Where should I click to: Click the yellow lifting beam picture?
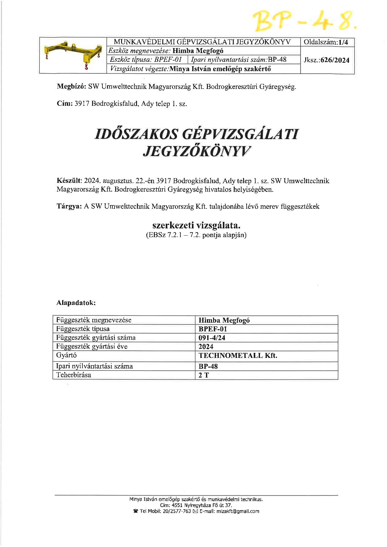[x=73, y=56]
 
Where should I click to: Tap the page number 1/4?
[x=343, y=42]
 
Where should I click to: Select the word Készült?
[x=69, y=181]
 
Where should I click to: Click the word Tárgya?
[x=69, y=206]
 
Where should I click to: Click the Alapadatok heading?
[x=76, y=303]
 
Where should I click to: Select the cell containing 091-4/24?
[x=212, y=338]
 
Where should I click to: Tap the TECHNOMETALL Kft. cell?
[x=238, y=355]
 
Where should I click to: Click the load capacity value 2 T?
[x=203, y=375]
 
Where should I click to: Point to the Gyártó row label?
[x=66, y=355]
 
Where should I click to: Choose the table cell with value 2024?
[x=206, y=346]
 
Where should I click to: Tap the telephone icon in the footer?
[x=135, y=511]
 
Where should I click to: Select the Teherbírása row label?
[x=74, y=375]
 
